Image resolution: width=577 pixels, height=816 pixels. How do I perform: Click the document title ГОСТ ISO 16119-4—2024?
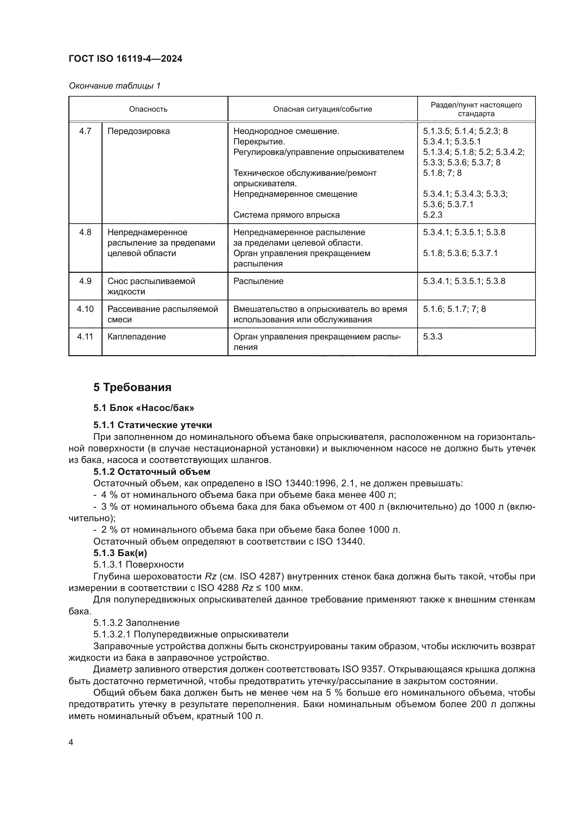pyautogui.click(x=125, y=59)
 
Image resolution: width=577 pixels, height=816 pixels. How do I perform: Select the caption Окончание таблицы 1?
pyautogui.click(x=114, y=86)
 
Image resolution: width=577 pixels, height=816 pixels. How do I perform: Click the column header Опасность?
pyautogui.click(x=148, y=109)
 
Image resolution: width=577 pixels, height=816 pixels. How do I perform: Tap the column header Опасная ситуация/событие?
pyautogui.click(x=322, y=109)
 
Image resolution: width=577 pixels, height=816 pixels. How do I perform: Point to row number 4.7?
pyautogui.click(x=85, y=131)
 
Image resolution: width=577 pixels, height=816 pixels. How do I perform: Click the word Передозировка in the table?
pyautogui.click(x=138, y=131)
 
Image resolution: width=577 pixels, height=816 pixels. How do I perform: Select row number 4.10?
pyautogui.click(x=85, y=309)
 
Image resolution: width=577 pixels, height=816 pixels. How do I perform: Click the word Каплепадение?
pyautogui.click(x=136, y=337)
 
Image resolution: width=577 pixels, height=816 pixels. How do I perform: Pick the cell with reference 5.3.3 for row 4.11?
pyautogui.click(x=432, y=337)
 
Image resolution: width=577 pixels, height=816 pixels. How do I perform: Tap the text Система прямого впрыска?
pyautogui.click(x=286, y=215)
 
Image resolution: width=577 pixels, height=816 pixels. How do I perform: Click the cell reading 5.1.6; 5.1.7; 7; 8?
pyautogui.click(x=454, y=309)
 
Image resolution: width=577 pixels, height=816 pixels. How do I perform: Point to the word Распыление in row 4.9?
pyautogui.click(x=258, y=281)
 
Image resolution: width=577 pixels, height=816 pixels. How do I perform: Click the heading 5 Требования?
pyautogui.click(x=132, y=387)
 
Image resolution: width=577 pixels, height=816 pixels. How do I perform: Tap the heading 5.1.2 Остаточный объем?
pyautogui.click(x=152, y=472)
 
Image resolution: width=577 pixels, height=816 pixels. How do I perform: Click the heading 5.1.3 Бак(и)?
pyautogui.click(x=120, y=553)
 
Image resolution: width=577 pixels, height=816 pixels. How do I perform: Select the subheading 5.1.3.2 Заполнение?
pyautogui.click(x=136, y=623)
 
